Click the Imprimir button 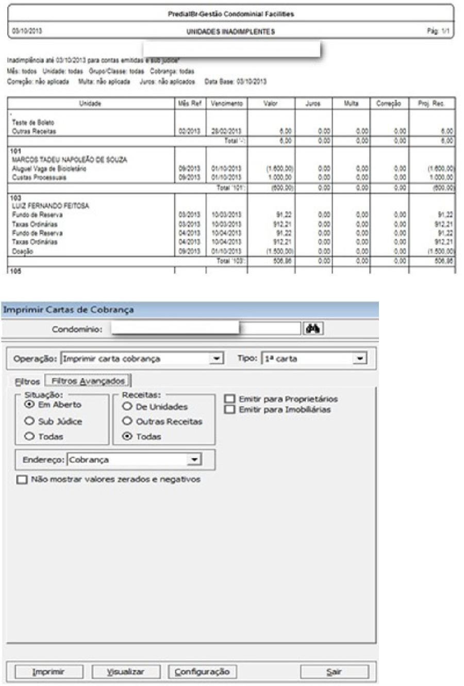point(48,672)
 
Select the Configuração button point(202,672)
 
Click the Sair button point(334,672)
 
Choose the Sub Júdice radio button point(30,421)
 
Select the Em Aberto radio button point(30,405)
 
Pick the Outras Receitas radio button point(127,421)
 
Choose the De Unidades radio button point(127,407)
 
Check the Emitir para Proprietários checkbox point(230,399)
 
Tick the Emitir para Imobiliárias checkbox point(230,410)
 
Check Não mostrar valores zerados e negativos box point(22,480)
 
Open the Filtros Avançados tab point(88,381)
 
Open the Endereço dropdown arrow point(194,460)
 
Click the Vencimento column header point(226,104)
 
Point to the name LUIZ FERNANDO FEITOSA point(50,206)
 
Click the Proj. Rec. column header point(431,104)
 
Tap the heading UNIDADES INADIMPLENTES point(230,31)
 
